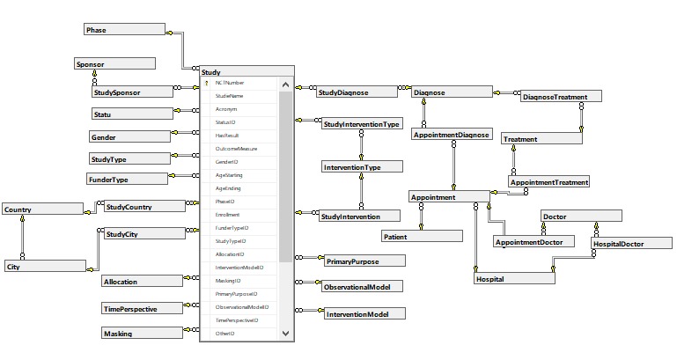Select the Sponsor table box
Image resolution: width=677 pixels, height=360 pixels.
tap(114, 63)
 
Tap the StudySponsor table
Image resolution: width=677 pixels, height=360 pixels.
tap(129, 92)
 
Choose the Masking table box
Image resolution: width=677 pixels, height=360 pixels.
tap(141, 334)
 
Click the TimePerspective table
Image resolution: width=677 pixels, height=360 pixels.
tap(141, 310)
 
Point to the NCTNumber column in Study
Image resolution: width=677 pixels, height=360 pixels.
tap(230, 83)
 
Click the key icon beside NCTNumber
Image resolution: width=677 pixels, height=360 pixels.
tap(207, 83)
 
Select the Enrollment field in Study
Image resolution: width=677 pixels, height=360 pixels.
tap(228, 215)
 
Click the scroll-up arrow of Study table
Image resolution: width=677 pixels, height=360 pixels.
tap(285, 84)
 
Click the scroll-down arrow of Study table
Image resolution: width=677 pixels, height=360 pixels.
tap(285, 334)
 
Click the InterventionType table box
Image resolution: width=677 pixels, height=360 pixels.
tap(350, 166)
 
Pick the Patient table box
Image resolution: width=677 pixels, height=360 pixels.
tap(421, 237)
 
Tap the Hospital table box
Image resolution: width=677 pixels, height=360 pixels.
tap(513, 279)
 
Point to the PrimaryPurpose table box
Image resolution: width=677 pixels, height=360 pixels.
tap(364, 261)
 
